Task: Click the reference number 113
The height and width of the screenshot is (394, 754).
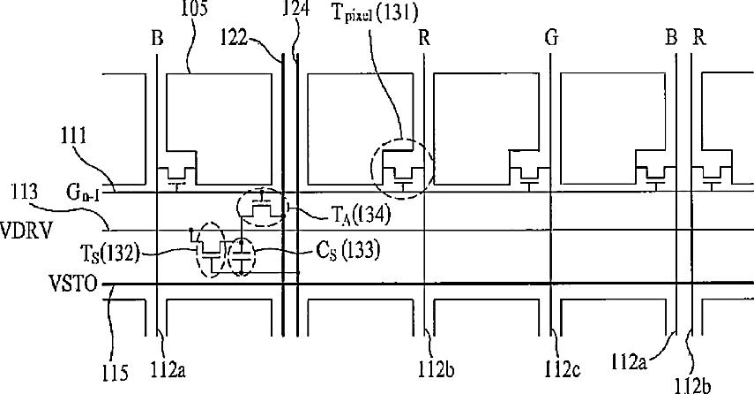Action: [21, 190]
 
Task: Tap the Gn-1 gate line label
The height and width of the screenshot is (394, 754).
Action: [78, 192]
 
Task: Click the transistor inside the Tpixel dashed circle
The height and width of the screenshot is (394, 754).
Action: [403, 174]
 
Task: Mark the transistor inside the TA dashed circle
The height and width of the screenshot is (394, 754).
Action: [262, 208]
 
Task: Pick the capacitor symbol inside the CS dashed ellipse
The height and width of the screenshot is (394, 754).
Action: [240, 256]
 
